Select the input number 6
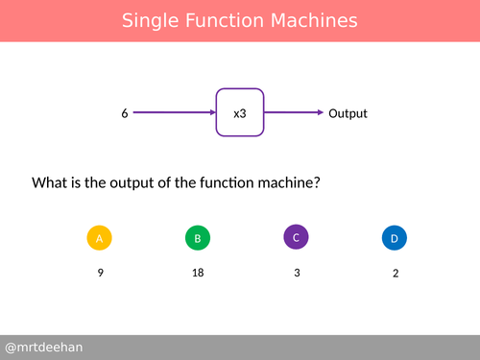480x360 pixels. point(125,113)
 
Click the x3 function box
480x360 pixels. point(240,113)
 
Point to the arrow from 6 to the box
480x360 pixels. point(173,113)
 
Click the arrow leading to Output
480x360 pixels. point(293,113)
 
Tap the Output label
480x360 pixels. point(348,113)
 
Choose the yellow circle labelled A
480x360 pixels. point(100,238)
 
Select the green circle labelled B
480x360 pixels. point(198,238)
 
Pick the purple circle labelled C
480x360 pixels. point(297,236)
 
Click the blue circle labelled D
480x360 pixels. point(394,238)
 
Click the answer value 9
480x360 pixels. point(100,273)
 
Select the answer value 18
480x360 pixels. point(198,273)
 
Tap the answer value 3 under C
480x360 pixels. point(297,273)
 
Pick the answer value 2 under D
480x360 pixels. point(395,273)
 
